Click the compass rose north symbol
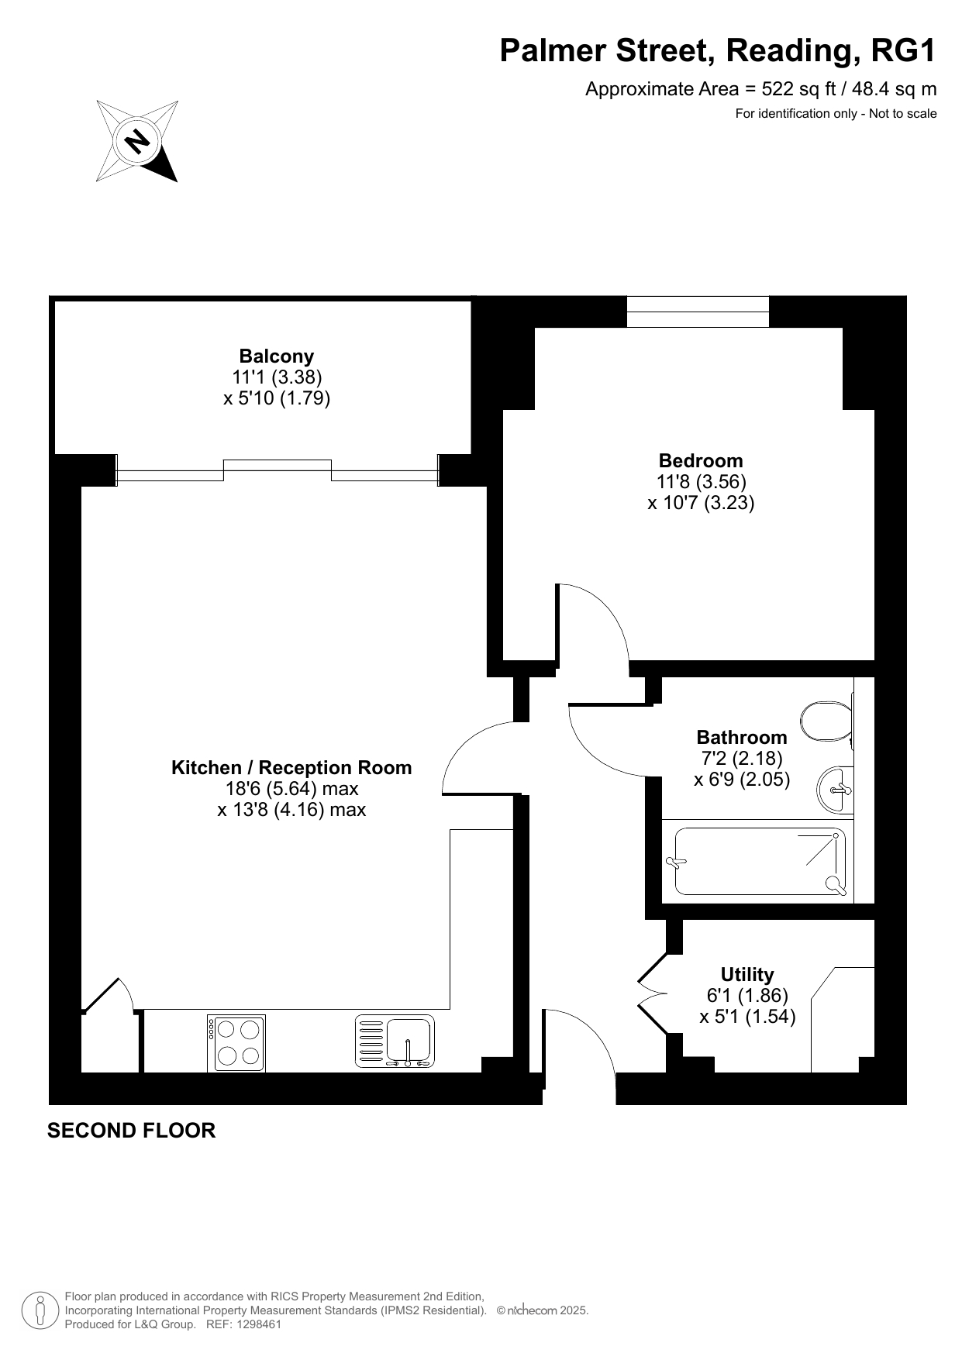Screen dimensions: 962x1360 coord(137,141)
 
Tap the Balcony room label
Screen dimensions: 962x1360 coord(277,356)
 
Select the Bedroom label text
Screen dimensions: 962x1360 coord(701,460)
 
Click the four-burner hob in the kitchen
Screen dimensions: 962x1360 coord(236,1043)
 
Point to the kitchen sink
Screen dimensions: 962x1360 coord(395,1042)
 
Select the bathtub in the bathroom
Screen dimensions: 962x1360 coord(760,862)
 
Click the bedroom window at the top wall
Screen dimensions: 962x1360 coord(698,312)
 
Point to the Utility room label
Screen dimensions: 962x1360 coord(747,975)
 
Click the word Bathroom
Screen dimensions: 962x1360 coord(742,737)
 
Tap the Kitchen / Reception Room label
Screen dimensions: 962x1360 coord(291,768)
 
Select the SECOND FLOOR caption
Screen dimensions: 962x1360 coord(131,1131)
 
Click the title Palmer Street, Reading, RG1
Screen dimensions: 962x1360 coord(718,50)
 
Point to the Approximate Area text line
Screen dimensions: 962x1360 coord(760,89)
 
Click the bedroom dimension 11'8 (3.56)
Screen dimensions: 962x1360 coord(702,481)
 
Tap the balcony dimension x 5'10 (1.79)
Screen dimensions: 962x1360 coord(277,398)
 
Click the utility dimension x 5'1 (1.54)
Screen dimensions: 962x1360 coord(747,1017)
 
